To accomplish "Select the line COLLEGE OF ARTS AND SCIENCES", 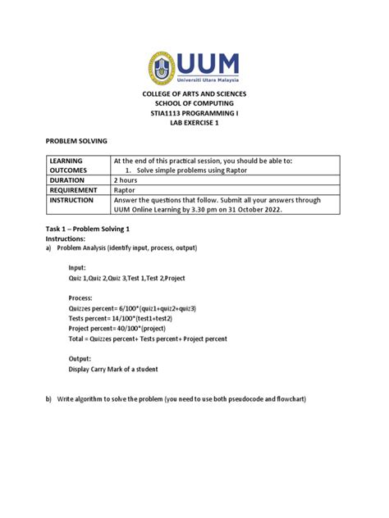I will (x=194, y=95).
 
